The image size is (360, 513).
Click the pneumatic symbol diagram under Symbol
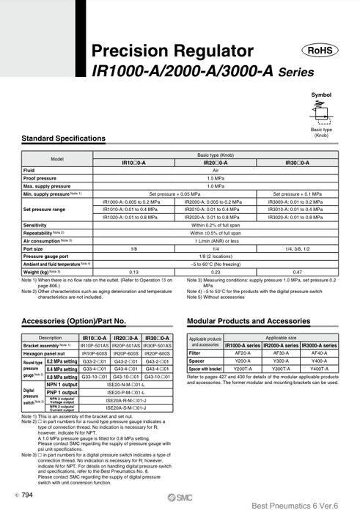click(320, 111)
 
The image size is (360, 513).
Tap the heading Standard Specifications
click(64, 139)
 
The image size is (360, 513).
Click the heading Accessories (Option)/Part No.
click(74, 321)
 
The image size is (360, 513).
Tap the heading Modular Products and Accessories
click(249, 321)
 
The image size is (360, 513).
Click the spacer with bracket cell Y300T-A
click(281, 369)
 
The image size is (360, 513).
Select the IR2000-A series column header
click(281, 344)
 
